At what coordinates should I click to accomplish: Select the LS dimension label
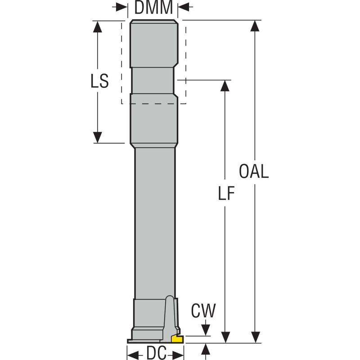98,81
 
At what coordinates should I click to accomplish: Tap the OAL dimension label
254,171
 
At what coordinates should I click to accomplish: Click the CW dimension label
203,310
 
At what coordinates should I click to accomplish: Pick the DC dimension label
154,353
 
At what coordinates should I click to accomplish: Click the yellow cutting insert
177,338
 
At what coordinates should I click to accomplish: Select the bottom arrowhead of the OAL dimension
255,337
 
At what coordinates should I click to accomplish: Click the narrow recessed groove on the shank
153,81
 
